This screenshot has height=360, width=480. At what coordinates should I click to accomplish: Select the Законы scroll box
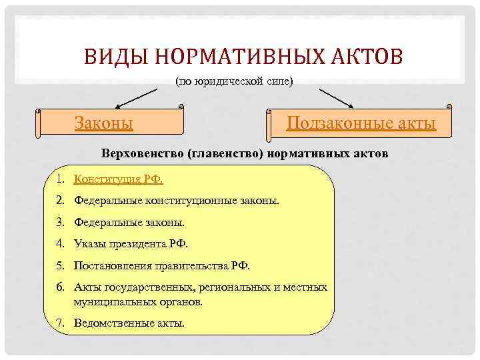110,123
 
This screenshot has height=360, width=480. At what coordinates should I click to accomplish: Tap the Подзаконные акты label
361,123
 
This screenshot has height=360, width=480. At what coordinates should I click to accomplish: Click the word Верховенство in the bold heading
143,153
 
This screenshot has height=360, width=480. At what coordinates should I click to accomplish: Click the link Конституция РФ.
119,179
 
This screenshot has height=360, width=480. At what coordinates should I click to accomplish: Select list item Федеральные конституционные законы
177,199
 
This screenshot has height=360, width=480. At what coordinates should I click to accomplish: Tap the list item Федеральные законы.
129,222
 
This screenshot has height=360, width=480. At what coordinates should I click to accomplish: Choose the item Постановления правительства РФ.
162,265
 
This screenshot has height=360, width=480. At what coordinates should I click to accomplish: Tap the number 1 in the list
59,179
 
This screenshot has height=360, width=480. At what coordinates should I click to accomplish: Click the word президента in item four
141,244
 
